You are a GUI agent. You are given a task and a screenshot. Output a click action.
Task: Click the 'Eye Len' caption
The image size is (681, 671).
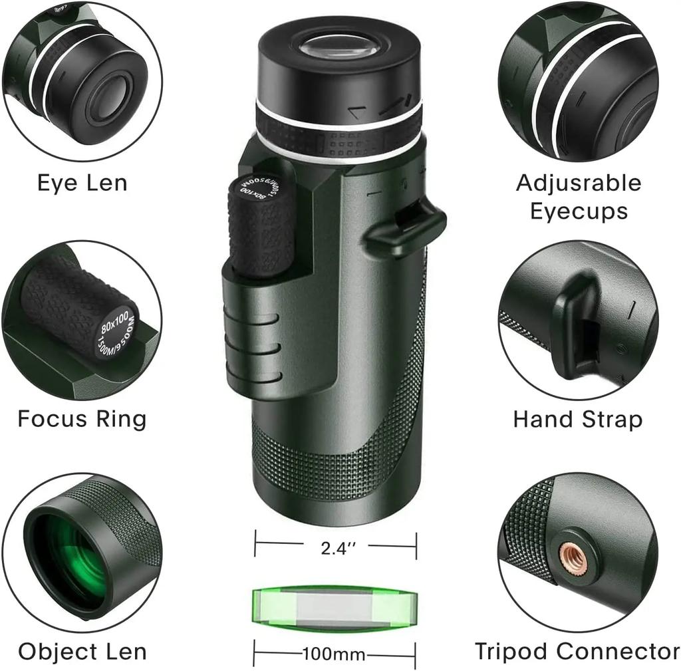[82, 183]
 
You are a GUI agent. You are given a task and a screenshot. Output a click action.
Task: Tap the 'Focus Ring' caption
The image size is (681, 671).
[82, 419]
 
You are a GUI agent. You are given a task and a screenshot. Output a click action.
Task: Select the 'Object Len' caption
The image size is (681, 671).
[82, 651]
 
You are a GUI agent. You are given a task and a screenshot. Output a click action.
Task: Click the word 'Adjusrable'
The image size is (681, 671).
[579, 183]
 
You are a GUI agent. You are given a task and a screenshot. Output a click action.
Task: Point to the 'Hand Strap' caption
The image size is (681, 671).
[578, 420]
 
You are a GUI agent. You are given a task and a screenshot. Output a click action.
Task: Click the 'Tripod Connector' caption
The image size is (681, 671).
[577, 651]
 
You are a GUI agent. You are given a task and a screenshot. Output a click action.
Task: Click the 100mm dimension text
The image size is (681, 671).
[334, 654]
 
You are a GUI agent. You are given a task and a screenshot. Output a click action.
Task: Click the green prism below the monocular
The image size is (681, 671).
[335, 606]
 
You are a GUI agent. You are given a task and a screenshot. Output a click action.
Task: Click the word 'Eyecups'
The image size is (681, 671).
[579, 211]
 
